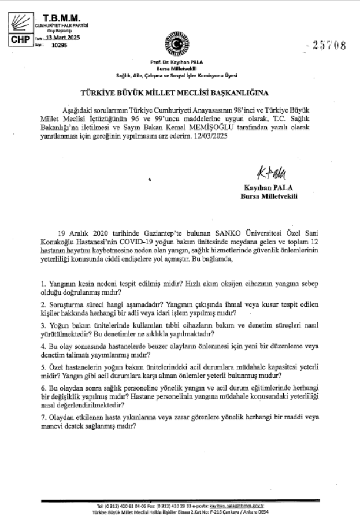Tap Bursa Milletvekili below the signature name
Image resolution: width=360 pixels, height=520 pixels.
pyautogui.click(x=269, y=196)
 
